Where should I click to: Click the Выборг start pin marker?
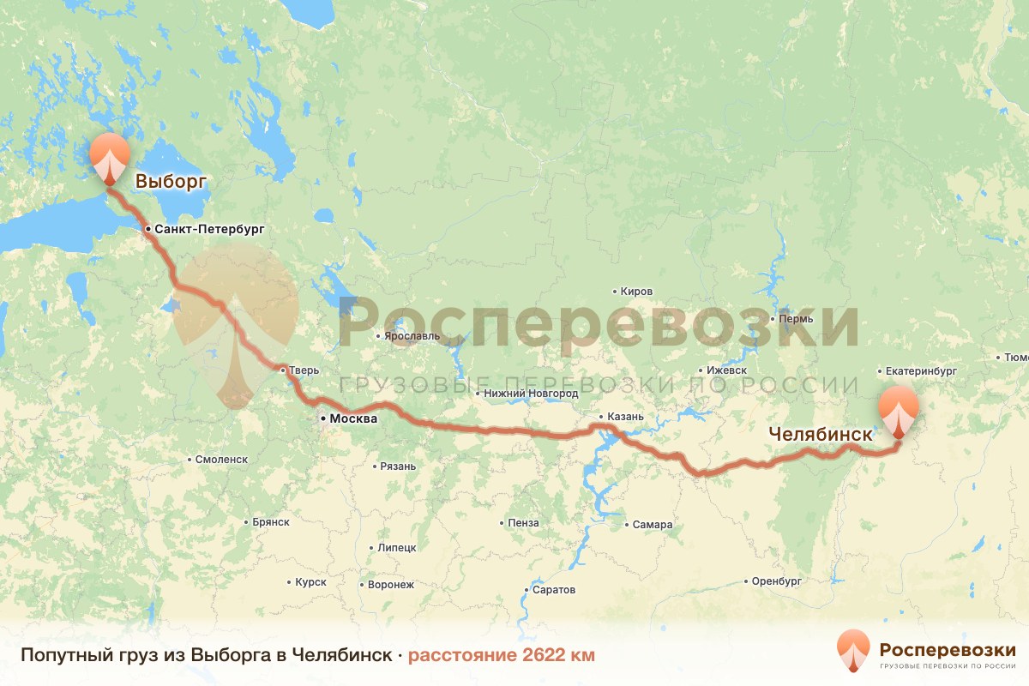110,157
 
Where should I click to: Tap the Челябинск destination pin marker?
898,410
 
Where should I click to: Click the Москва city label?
348,419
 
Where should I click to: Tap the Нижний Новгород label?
531,394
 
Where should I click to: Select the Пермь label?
797,318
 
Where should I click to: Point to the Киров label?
636,292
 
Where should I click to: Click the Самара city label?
653,525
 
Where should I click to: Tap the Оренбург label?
776,581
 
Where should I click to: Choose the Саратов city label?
554,590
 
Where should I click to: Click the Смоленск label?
221,460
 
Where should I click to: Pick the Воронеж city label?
390,585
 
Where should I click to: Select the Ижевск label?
726,370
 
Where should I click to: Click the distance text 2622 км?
501,655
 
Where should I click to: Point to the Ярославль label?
412,336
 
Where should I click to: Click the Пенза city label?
523,523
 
